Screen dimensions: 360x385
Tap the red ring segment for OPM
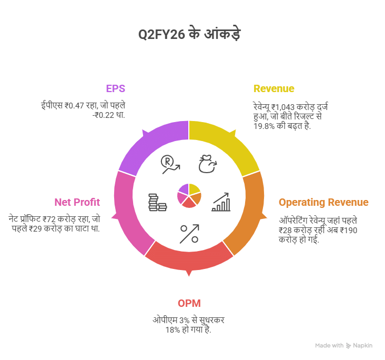coord(189,258)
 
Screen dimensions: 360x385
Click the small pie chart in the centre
coord(189,195)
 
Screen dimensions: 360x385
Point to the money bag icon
coord(207,165)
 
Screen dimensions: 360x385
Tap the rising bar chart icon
coord(221,202)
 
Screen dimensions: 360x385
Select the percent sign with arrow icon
coord(189,234)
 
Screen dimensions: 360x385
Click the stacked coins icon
coord(157,203)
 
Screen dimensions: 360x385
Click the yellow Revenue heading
coord(274,88)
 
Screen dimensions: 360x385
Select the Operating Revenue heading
coord(323,203)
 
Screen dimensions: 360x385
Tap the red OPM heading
coord(189,303)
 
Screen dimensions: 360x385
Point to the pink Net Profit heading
coord(77,202)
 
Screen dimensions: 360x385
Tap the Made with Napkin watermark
coord(344,345)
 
